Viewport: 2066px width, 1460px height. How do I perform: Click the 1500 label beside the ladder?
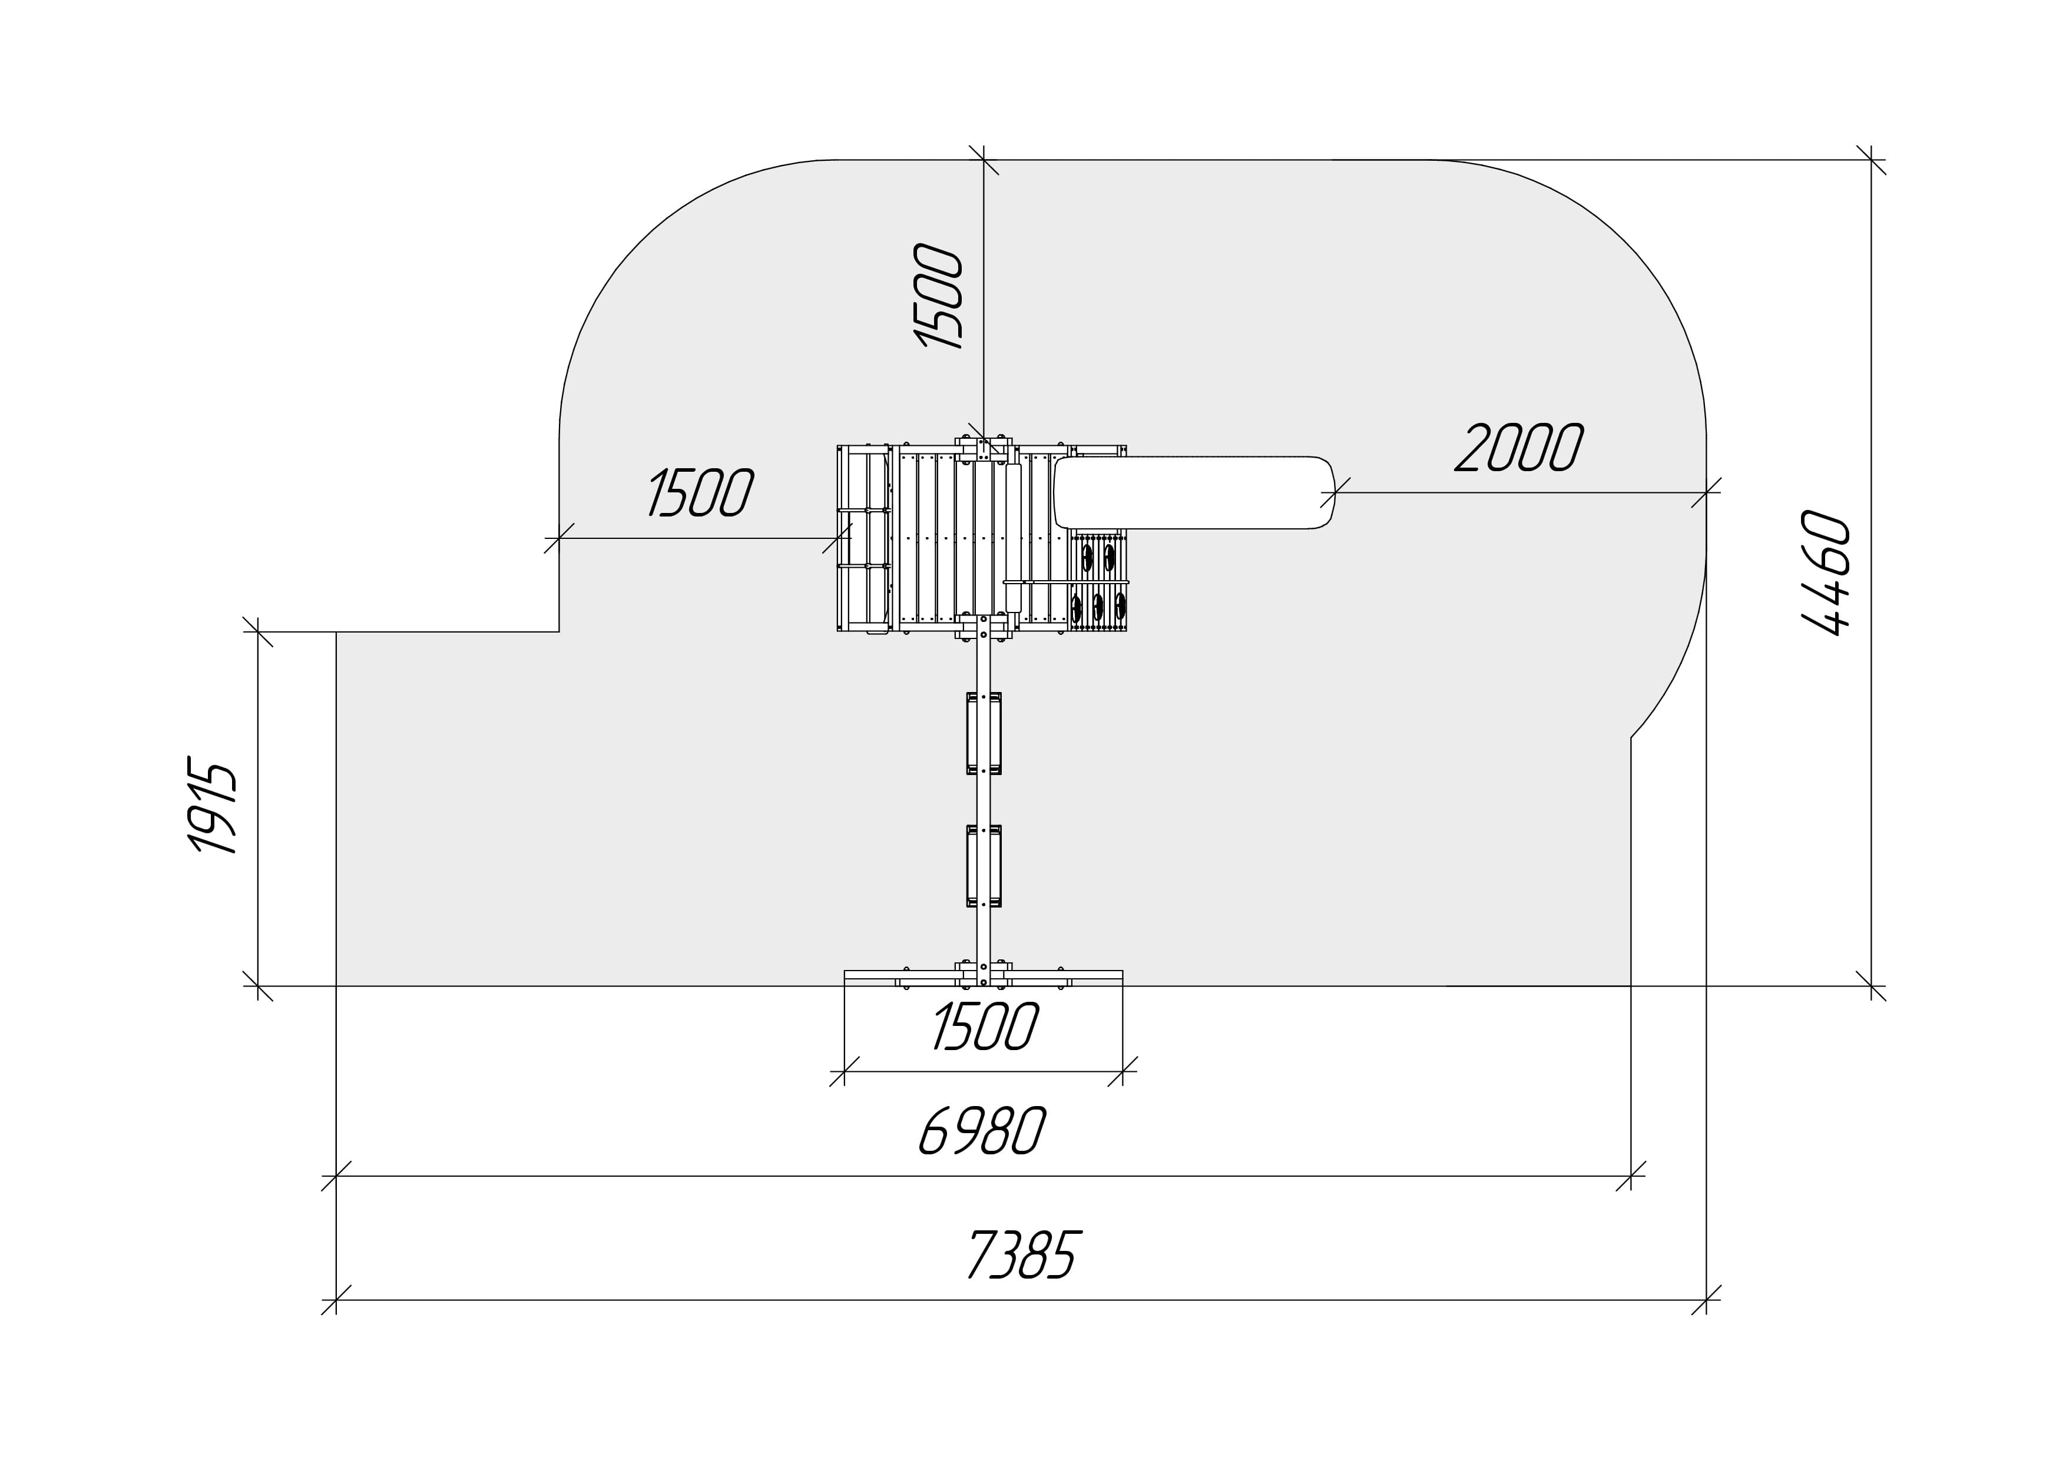tap(701, 492)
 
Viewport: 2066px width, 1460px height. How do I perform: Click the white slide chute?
tap(1194, 492)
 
